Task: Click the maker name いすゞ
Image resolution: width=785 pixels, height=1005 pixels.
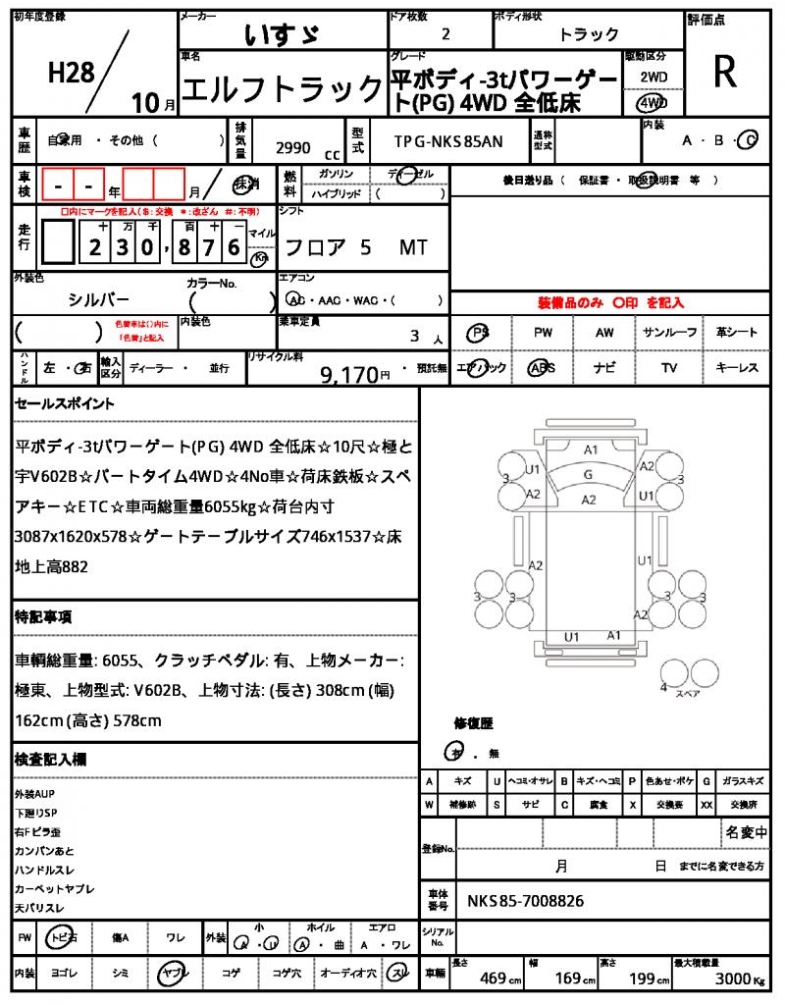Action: (x=281, y=34)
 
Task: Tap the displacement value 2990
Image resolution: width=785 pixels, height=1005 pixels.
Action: (x=292, y=148)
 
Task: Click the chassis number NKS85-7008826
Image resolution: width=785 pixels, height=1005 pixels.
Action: (x=526, y=899)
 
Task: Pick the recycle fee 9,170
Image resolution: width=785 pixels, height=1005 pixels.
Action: (x=349, y=374)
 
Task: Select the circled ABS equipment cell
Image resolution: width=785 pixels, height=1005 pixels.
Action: (x=543, y=368)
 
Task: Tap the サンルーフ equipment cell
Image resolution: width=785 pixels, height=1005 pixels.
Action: (x=670, y=333)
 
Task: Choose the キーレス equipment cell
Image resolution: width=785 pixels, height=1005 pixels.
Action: (x=737, y=368)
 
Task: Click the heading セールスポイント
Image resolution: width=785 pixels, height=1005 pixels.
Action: (x=64, y=403)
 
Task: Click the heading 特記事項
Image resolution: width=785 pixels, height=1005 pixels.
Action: (x=42, y=617)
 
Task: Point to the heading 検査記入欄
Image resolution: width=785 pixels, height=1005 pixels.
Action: (x=50, y=760)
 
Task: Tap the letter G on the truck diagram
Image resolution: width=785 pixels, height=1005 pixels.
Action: (x=588, y=474)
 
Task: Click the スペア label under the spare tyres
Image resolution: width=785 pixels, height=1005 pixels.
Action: (x=689, y=694)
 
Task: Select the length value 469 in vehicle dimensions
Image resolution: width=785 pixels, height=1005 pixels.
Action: (x=493, y=978)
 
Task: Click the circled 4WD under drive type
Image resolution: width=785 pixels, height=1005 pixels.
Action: (x=652, y=102)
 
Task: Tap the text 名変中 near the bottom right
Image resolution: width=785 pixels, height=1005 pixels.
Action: (x=746, y=833)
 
